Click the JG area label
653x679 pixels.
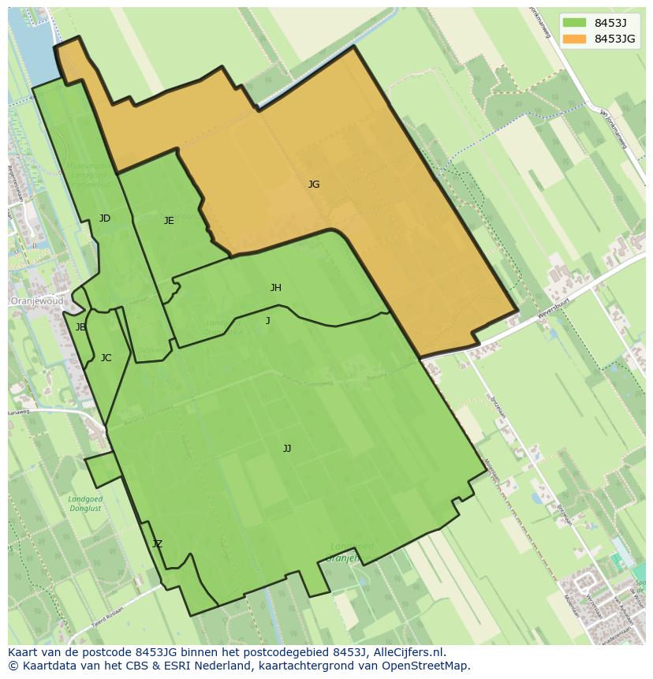coord(314,185)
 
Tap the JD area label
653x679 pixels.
coord(105,218)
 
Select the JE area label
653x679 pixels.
coord(169,221)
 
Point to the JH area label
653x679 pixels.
coord(275,288)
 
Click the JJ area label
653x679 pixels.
coord(287,449)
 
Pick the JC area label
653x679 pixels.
coord(106,358)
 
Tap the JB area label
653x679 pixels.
coord(80,327)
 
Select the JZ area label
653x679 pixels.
coord(157,544)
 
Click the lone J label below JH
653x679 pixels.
coord(268,320)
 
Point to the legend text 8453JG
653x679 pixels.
coord(615,39)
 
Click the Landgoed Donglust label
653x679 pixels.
coord(86,504)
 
